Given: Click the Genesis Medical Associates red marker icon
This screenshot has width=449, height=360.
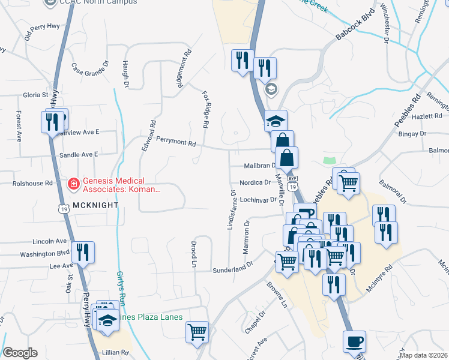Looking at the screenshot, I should [x=73, y=182].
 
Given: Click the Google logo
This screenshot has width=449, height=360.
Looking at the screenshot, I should [x=20, y=353].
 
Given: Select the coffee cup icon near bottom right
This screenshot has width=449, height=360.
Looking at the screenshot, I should [x=354, y=341].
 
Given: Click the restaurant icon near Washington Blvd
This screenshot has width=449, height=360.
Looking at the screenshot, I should [x=83, y=252].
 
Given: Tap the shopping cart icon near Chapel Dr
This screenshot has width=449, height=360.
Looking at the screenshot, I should [x=197, y=332].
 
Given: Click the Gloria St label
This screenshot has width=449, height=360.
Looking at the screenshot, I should [x=35, y=95].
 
